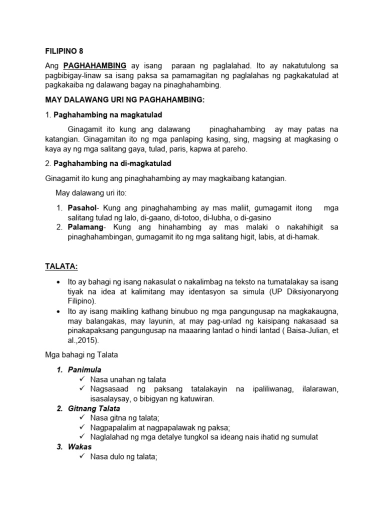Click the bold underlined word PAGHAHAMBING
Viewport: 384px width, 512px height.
(x=95, y=66)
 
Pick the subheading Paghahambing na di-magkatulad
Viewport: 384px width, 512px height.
(x=112, y=163)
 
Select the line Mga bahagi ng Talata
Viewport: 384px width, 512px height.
(x=80, y=355)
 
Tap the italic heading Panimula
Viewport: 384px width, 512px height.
(x=84, y=370)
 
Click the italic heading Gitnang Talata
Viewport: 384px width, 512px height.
(x=94, y=408)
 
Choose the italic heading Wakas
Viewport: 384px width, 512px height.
(x=80, y=446)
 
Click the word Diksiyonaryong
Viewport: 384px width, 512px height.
(x=311, y=291)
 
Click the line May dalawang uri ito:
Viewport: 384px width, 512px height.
(x=91, y=193)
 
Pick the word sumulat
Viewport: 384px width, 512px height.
(x=302, y=437)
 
